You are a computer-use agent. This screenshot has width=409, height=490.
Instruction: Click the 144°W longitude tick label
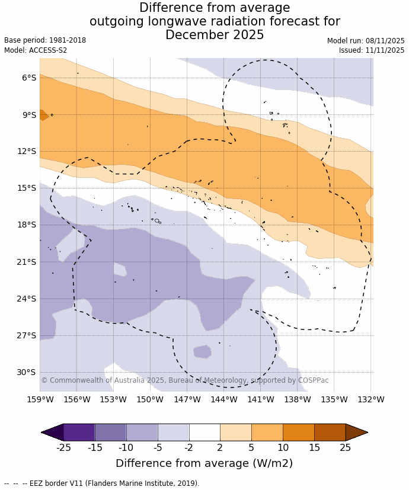tap(224, 399)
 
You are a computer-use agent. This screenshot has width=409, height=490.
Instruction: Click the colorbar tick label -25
tap(63, 447)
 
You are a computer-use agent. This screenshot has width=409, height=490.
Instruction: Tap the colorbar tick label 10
tap(283, 447)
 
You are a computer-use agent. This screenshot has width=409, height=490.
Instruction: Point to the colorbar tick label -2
tap(188, 447)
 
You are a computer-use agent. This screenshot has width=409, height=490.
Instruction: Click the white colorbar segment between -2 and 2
tap(204, 432)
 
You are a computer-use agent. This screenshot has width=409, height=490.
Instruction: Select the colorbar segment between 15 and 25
tap(330, 432)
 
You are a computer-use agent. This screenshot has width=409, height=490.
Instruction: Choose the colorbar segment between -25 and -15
tap(79, 432)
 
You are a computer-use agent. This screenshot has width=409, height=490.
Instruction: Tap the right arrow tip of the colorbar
tap(366, 432)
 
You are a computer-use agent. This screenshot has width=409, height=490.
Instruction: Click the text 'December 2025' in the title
tap(215, 35)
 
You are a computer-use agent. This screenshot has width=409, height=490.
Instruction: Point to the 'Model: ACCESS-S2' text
tap(36, 50)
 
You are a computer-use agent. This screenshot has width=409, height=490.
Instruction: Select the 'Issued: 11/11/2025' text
tap(372, 50)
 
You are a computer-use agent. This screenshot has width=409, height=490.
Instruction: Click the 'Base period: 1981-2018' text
tap(45, 40)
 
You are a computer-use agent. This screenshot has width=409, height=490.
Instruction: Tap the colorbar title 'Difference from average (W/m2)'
tap(204, 463)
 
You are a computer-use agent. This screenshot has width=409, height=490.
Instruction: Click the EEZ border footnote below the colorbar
tap(102, 483)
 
